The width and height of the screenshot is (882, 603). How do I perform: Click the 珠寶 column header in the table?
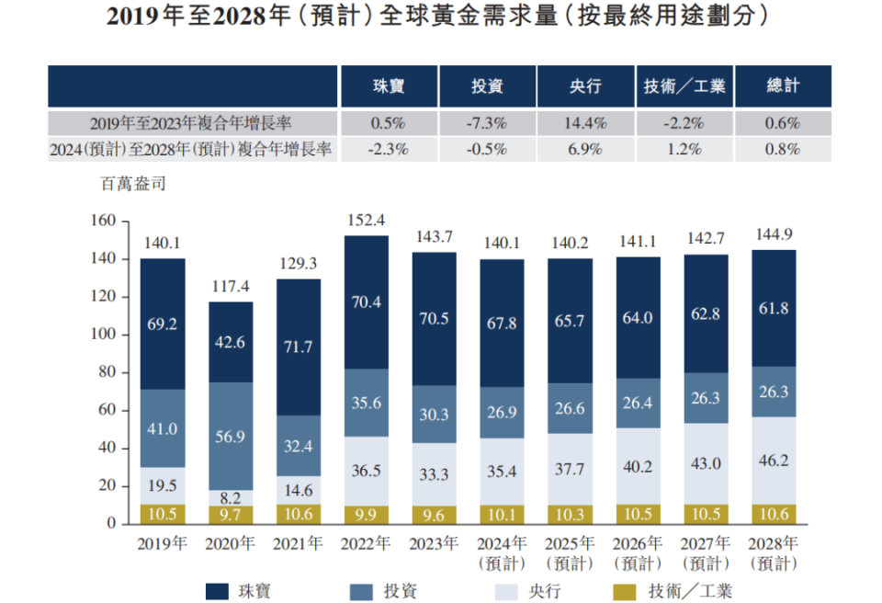point(389,86)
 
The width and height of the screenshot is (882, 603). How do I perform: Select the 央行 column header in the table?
point(585,86)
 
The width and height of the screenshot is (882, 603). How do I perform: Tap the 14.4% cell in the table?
point(585,123)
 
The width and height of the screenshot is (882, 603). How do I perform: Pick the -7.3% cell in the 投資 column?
point(487,123)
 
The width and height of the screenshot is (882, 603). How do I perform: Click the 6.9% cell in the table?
point(585,149)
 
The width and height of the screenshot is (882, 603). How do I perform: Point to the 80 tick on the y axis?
point(107,372)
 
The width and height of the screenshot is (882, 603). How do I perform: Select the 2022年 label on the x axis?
point(367,543)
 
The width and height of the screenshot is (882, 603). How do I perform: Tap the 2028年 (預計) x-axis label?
point(775,552)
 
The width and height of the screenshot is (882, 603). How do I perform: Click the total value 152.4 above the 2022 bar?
point(367,221)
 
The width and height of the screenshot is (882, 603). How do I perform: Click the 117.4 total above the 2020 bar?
point(231,287)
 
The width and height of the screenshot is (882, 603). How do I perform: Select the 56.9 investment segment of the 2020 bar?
point(231,437)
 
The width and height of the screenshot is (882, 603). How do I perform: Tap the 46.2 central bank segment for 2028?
point(775,460)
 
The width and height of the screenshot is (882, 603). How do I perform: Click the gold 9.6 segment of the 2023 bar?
point(435,513)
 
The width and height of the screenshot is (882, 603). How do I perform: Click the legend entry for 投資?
point(385,590)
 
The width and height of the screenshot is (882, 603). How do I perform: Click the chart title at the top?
point(439,17)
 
